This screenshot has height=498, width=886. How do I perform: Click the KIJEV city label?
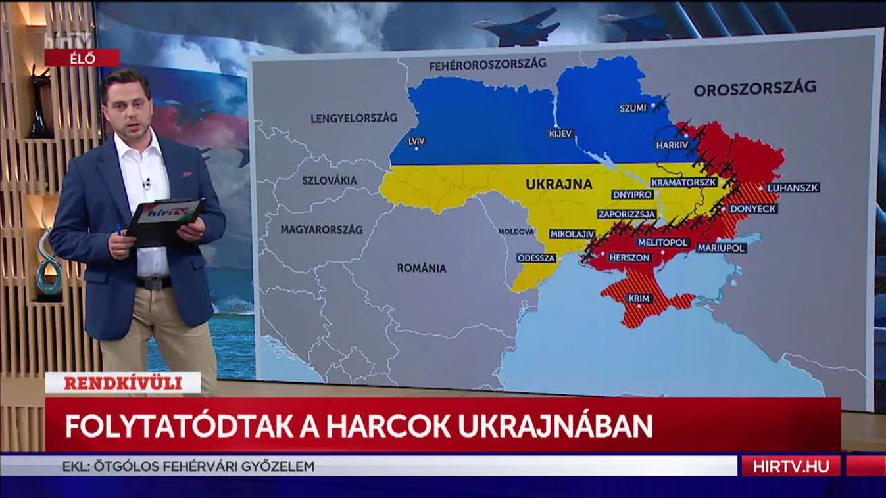tap(561, 133)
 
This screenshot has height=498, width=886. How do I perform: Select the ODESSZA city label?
tap(536, 258)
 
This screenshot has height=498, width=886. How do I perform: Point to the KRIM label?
tap(639, 298)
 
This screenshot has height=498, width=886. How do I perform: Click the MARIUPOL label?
tap(720, 248)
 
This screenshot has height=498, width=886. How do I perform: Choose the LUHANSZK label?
tap(793, 187)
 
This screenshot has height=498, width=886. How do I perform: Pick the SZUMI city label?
tap(633, 108)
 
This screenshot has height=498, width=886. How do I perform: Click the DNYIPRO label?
tap(632, 195)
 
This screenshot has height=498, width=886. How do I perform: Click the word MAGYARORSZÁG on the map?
tap(322, 230)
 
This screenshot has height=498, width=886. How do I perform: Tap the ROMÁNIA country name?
tap(422, 268)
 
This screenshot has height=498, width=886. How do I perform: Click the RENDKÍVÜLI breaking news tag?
tap(122, 383)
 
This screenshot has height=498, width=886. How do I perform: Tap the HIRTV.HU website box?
tap(791, 466)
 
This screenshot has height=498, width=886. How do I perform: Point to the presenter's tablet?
tap(164, 217)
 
